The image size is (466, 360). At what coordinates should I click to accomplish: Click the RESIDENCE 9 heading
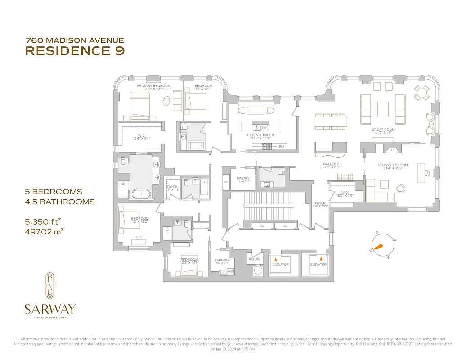click(x=75, y=51)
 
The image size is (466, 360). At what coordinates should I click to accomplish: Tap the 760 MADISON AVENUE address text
click(x=75, y=40)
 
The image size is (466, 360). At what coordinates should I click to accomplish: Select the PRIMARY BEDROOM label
click(x=154, y=85)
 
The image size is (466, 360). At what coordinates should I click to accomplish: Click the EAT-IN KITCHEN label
click(x=260, y=135)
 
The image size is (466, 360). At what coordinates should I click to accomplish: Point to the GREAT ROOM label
click(x=383, y=130)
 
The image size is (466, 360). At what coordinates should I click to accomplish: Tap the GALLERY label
click(x=331, y=164)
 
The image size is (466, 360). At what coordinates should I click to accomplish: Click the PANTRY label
click(x=243, y=178)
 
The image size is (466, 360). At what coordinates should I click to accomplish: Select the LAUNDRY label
click(x=222, y=260)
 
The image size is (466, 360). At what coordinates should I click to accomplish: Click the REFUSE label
click(x=255, y=259)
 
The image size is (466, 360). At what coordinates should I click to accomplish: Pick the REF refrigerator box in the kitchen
click(x=282, y=146)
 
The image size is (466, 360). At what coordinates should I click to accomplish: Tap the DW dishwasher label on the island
click(x=264, y=128)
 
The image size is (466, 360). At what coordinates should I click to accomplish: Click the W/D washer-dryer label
click(x=230, y=271)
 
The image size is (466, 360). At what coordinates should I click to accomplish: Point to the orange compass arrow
click(x=378, y=247)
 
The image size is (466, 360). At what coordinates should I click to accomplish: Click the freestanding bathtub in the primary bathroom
click(x=142, y=194)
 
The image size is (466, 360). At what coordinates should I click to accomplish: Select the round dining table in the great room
click(x=421, y=93)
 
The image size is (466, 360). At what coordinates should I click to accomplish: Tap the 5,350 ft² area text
click(x=43, y=221)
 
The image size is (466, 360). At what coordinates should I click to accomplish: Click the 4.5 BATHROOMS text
click(x=60, y=202)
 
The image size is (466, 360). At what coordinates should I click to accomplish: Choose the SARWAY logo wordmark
click(x=50, y=309)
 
